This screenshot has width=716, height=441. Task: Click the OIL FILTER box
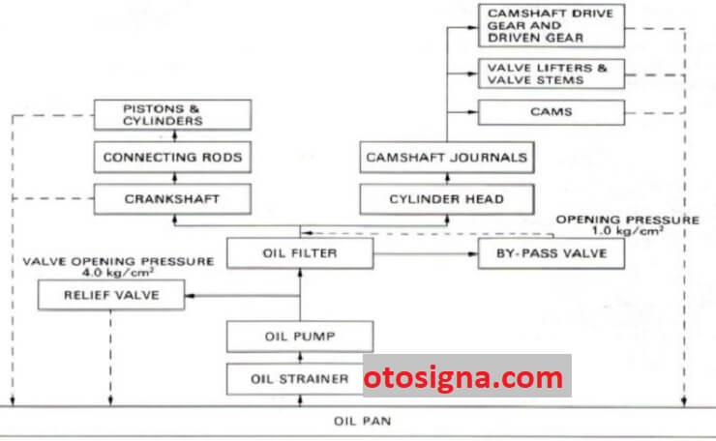tap(300, 253)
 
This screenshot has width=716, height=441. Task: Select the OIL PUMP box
tap(300, 337)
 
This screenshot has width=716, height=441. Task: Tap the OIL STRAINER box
tap(295, 379)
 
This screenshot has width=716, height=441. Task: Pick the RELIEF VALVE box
tap(111, 295)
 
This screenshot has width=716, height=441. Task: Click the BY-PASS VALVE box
tap(552, 253)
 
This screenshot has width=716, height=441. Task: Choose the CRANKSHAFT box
tap(172, 199)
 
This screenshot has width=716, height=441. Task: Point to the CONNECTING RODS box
tap(172, 157)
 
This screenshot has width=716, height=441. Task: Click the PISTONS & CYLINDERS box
tap(172, 115)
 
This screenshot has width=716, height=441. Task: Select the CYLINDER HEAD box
tap(447, 199)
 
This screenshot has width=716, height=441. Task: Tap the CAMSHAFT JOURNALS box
tap(447, 157)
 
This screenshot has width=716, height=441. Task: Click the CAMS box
tap(552, 112)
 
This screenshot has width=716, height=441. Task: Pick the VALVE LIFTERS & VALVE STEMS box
tap(552, 73)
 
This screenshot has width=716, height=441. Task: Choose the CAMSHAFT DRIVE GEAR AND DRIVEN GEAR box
tap(552, 25)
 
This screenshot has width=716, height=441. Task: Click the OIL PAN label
tap(363, 421)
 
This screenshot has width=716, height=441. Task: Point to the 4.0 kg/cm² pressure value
tap(118, 273)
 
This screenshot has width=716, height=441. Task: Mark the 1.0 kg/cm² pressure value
tap(627, 230)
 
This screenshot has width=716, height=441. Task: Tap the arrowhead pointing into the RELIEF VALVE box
tap(190, 296)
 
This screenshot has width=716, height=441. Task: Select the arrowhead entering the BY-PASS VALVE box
tap(472, 253)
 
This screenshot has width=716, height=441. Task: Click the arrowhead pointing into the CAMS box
tap(472, 112)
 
